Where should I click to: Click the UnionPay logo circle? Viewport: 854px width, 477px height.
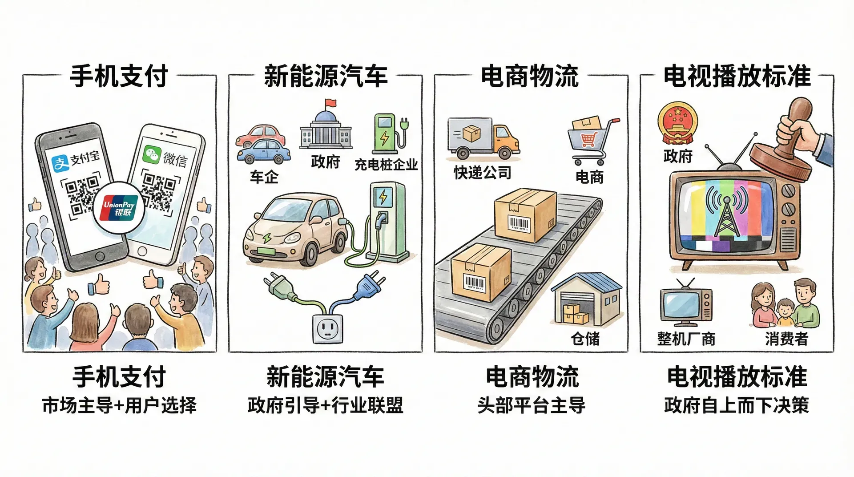pos(119,208)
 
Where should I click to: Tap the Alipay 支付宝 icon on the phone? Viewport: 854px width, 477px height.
pos(60,163)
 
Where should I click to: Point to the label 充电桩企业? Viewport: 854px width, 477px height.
pos(386,165)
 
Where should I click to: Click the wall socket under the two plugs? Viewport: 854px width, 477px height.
pos(328,328)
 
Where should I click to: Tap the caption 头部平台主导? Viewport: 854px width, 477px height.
pos(532,405)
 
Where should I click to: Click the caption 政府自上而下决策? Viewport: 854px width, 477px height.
pos(737,405)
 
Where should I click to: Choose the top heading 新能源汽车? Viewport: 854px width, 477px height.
pos(326,76)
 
